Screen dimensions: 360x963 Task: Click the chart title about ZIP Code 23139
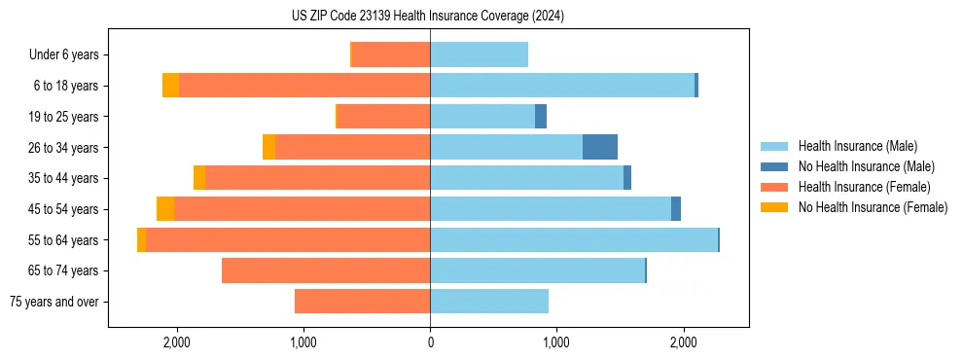428,16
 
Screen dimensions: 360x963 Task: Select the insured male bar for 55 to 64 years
574,239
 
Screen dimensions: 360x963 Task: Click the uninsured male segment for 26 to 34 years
600,147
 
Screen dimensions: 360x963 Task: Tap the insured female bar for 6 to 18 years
304,86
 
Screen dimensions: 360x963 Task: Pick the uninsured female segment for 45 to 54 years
165,209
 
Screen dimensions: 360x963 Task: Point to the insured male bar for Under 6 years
479,54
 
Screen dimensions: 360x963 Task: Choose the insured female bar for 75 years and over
362,302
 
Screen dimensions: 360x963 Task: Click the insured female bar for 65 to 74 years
326,270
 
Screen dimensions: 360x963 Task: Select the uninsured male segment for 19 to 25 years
541,117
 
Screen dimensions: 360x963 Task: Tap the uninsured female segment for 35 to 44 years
199,178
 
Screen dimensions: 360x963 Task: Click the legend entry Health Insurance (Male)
857,146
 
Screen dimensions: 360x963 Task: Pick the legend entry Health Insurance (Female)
864,187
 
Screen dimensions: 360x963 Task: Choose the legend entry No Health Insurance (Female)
873,207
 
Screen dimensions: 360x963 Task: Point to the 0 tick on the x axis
430,342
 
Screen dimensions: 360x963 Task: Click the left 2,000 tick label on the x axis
177,342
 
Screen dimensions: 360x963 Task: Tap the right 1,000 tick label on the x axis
556,342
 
